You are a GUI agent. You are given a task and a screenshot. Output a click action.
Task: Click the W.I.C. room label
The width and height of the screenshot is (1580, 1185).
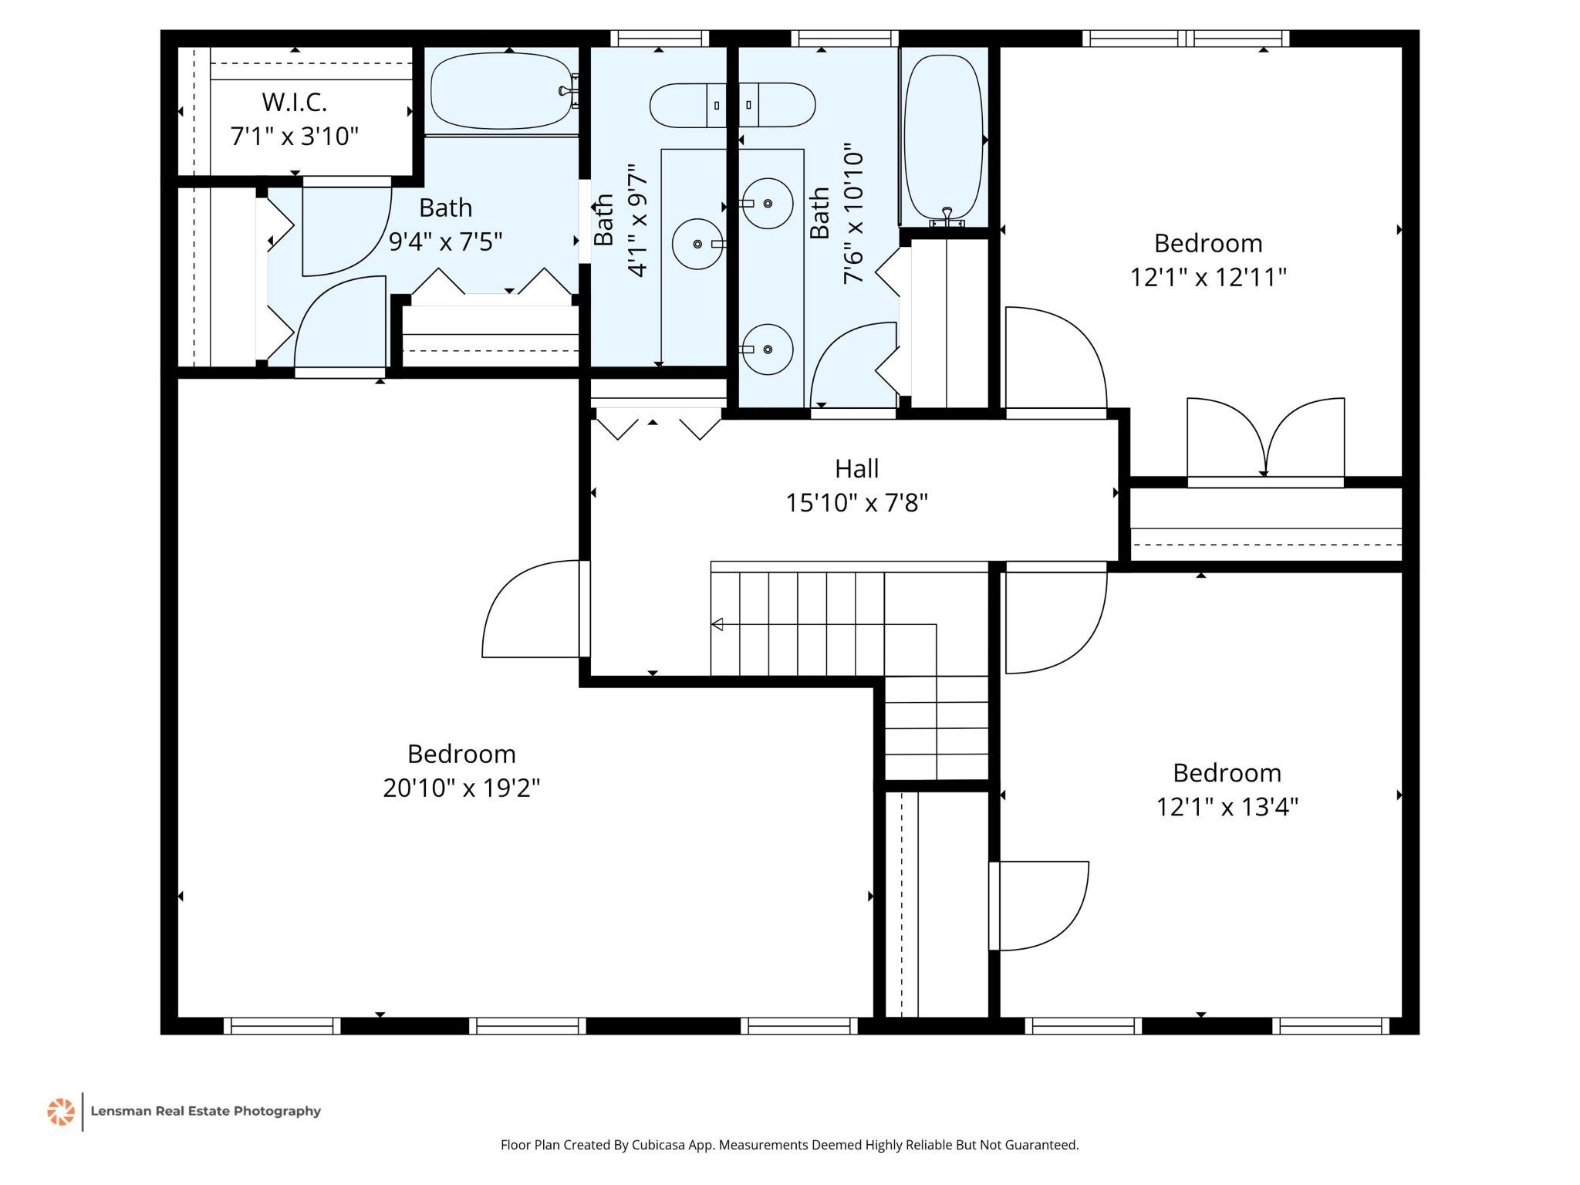(x=294, y=102)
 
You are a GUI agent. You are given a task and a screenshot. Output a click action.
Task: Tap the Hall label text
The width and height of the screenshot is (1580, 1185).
(x=856, y=468)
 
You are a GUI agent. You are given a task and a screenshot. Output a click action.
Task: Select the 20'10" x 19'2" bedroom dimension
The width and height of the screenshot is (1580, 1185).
(x=461, y=788)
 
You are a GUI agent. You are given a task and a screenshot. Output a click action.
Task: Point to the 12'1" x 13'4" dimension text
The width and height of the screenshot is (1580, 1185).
(x=1227, y=807)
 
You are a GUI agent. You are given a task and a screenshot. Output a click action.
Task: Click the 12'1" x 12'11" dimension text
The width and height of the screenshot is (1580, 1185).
(x=1208, y=277)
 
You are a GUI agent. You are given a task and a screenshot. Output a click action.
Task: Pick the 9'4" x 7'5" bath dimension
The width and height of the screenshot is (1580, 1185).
(x=445, y=241)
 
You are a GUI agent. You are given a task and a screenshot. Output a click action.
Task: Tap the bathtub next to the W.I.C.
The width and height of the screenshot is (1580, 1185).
(x=503, y=92)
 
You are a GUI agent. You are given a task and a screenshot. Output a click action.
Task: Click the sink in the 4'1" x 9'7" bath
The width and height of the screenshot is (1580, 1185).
(x=698, y=244)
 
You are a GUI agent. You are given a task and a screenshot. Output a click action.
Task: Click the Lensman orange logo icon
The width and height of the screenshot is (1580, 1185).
(x=61, y=1112)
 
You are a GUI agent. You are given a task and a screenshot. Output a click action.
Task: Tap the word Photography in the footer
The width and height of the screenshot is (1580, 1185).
(x=277, y=1112)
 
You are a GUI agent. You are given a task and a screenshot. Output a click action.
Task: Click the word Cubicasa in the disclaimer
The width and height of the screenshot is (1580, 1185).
(x=660, y=1145)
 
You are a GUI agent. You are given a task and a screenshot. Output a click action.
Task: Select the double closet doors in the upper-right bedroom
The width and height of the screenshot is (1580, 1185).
(x=1265, y=438)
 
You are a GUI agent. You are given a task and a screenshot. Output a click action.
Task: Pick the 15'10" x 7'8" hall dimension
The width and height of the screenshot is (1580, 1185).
(x=856, y=503)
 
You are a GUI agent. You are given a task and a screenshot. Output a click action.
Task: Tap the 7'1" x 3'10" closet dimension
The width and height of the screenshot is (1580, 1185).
(x=294, y=137)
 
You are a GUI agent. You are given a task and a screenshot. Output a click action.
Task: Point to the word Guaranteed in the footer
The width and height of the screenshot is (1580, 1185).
(x=1042, y=1145)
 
